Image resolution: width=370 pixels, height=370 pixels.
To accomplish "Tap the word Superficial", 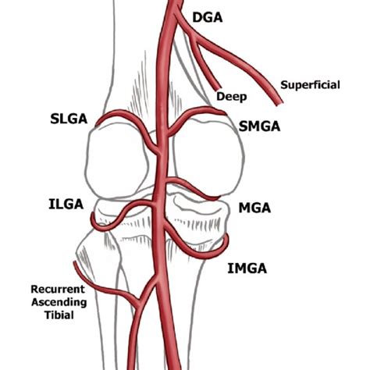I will point(310,84).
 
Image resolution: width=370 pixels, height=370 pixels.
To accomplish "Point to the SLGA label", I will point(67,119).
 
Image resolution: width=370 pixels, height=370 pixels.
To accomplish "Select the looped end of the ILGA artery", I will point(94,223).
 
